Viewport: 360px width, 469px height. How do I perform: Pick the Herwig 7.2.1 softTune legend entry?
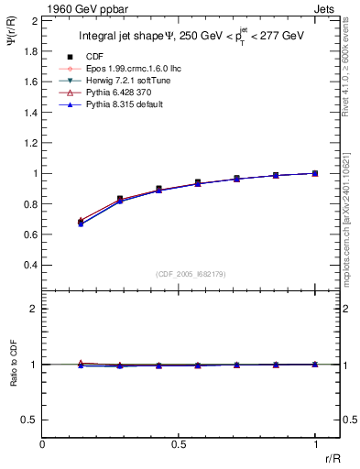click(133, 81)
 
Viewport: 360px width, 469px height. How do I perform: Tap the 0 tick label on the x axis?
click(43, 444)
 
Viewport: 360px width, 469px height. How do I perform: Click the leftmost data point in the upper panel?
click(82, 222)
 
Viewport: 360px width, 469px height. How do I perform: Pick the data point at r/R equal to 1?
click(315, 173)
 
